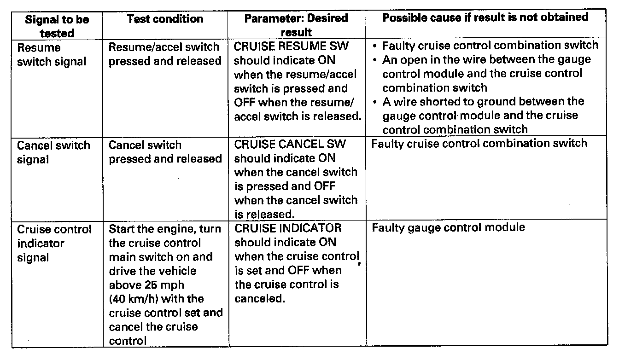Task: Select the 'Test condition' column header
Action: [x=165, y=19]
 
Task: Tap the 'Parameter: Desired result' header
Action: [x=296, y=25]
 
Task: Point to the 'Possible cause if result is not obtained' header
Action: [x=485, y=17]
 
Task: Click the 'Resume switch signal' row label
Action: [x=52, y=54]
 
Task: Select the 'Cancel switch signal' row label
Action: [x=53, y=152]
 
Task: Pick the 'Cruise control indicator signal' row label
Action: [x=54, y=243]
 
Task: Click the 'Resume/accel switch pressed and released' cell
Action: [x=164, y=54]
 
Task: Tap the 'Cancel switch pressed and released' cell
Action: [x=164, y=152]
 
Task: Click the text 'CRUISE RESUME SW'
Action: [x=292, y=46]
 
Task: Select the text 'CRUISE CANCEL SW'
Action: [x=290, y=145]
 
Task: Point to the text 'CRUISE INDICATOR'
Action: [x=288, y=228]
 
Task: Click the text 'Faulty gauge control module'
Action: [x=448, y=228]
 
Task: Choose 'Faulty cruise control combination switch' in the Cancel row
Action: [x=479, y=143]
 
